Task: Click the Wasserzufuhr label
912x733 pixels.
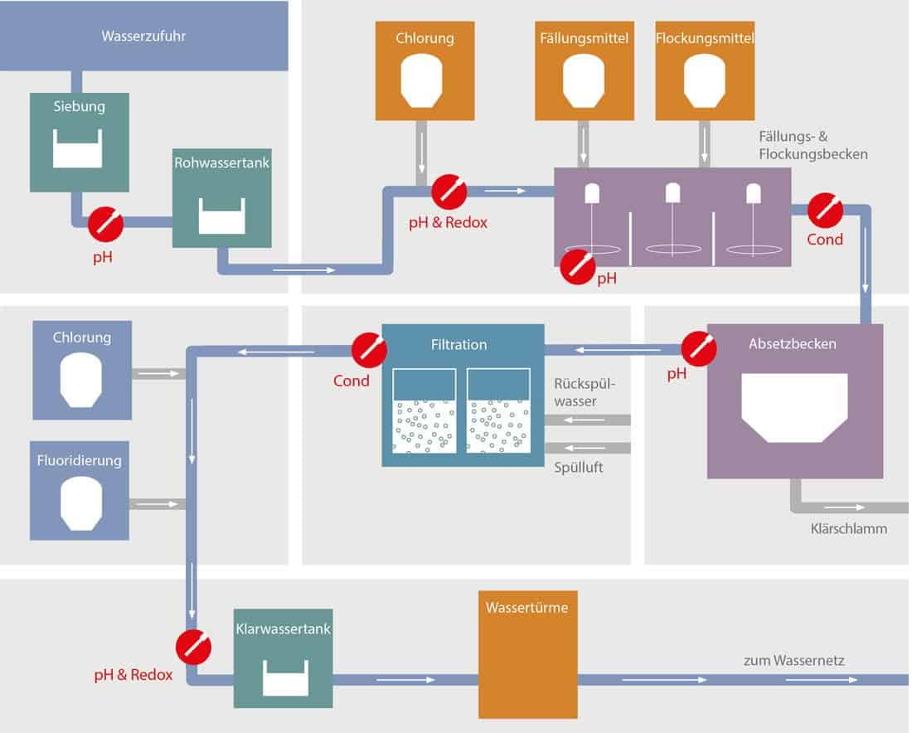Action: point(143,36)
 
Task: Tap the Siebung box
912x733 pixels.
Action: point(79,142)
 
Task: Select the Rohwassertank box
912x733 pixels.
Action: point(221,198)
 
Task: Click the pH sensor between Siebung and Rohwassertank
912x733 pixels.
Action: point(105,224)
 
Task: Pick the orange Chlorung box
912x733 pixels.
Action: point(424,71)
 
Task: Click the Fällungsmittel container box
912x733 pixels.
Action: point(584,71)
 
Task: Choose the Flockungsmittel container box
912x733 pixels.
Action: point(705,71)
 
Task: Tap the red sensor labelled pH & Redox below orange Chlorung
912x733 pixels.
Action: point(449,192)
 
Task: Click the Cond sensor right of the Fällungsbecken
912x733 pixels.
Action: point(825,210)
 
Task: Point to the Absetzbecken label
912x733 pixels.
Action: point(792,344)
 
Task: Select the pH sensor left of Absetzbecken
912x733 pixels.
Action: point(699,348)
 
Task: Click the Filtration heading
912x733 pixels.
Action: point(459,344)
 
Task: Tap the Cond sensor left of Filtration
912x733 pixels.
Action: point(369,350)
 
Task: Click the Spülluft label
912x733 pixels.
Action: point(578,467)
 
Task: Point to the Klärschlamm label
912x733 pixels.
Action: point(849,529)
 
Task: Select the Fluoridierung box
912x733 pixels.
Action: point(79,490)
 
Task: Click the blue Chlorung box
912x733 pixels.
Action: point(82,370)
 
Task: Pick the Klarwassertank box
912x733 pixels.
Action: point(284,658)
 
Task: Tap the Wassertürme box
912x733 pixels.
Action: point(528,654)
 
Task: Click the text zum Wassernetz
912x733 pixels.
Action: point(794,660)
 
